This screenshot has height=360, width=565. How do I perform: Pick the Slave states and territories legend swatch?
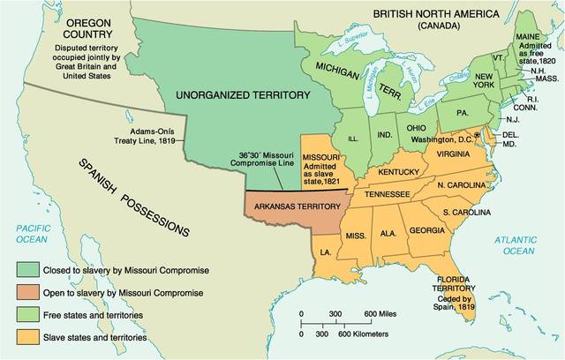[28, 335]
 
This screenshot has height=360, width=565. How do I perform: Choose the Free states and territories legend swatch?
[28, 314]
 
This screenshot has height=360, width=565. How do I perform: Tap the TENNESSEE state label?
[388, 193]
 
